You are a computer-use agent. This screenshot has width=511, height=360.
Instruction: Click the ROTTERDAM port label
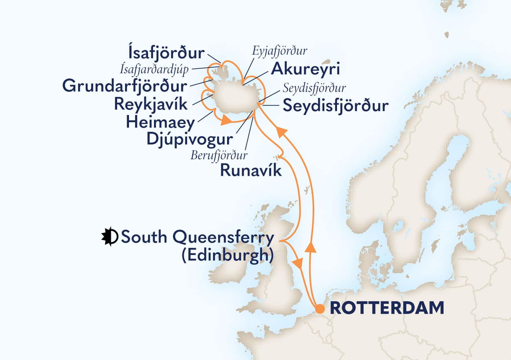387,308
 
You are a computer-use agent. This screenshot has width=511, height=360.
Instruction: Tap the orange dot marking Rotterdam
319,309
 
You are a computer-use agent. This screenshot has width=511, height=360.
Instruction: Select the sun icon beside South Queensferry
109,237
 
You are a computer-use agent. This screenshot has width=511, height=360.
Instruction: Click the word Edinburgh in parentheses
228,256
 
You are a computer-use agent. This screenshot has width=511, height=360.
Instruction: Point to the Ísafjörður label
166,53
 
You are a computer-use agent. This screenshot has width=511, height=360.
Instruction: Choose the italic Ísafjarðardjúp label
154,70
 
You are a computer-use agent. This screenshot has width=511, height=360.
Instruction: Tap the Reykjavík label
151,104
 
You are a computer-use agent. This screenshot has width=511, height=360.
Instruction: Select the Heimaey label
160,122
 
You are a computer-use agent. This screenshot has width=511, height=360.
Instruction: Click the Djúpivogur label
190,139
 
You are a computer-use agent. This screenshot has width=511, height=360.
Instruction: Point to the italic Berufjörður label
219,155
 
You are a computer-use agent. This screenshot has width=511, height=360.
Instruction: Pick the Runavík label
251,171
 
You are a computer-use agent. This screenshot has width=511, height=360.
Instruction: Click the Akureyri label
305,69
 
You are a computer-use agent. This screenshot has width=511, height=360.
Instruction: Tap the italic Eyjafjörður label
280,51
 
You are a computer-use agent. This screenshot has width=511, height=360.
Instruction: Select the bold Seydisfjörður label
335,106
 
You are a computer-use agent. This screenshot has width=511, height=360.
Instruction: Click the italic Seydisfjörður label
314,88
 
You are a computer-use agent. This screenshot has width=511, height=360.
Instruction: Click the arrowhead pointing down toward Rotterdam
298,263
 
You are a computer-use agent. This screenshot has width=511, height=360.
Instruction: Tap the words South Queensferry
197,237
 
